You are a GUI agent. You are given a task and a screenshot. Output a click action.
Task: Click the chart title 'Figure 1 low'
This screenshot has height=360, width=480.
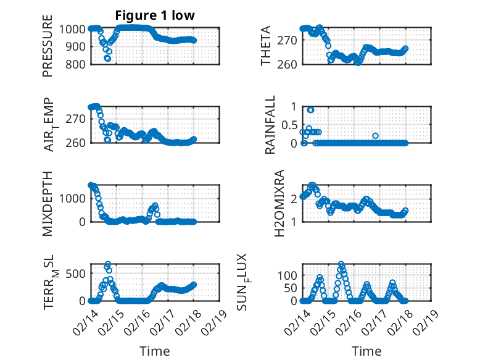pyautogui.click(x=155, y=16)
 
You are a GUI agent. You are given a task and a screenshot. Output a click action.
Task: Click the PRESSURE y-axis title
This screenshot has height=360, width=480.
pyautogui.click(x=48, y=51)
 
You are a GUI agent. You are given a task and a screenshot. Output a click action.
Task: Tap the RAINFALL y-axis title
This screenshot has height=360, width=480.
pyautogui.click(x=270, y=124)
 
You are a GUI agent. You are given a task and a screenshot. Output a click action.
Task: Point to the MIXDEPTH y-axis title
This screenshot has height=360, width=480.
pyautogui.click(x=48, y=203)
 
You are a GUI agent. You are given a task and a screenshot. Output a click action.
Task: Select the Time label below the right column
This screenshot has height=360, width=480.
pyautogui.click(x=366, y=351)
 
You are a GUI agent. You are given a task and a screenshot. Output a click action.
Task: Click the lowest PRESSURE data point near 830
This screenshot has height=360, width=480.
pyautogui.click(x=107, y=59)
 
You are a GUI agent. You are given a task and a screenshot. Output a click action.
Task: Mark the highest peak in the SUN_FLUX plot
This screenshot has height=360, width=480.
pyautogui.click(x=341, y=264)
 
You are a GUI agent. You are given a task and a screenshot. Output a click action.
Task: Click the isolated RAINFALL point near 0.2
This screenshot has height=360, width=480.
pyautogui.click(x=375, y=136)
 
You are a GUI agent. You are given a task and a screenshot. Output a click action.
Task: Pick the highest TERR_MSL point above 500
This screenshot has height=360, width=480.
pyautogui.click(x=108, y=264)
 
